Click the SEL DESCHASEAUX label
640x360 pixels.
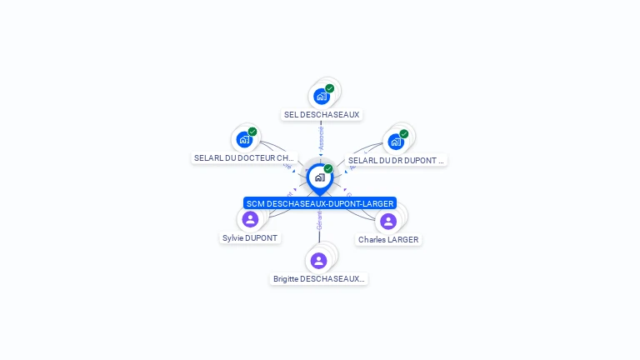click(x=322, y=114)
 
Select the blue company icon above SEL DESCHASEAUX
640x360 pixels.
click(x=321, y=97)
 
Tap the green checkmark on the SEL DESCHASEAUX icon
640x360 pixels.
click(x=330, y=88)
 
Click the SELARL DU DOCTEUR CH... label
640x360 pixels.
click(x=244, y=157)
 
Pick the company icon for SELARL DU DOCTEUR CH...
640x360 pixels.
click(x=244, y=140)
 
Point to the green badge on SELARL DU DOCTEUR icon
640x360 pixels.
click(x=252, y=132)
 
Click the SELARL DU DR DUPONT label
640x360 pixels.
click(x=396, y=160)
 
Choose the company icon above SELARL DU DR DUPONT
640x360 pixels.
click(x=395, y=142)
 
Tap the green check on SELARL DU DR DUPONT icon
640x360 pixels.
click(x=404, y=134)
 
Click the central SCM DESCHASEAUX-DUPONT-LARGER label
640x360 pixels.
click(x=320, y=203)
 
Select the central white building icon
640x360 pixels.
click(x=319, y=177)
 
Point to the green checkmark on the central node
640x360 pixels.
click(x=328, y=169)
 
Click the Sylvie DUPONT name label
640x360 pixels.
click(x=250, y=237)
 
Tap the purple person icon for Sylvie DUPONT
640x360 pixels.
click(x=250, y=219)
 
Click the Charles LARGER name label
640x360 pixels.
click(x=388, y=239)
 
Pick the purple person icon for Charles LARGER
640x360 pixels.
click(x=388, y=221)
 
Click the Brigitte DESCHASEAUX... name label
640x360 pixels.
click(x=319, y=279)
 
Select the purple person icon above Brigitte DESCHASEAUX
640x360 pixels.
click(x=318, y=261)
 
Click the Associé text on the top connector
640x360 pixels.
click(x=321, y=137)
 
